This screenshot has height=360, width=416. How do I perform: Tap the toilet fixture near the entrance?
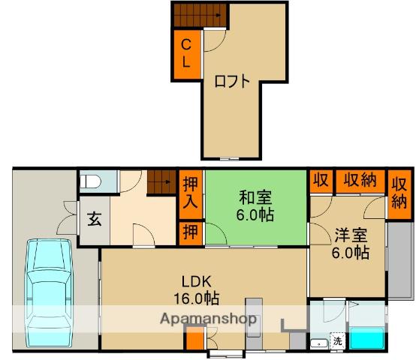tap(89, 181)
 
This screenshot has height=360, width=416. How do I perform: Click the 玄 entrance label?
tap(95, 220)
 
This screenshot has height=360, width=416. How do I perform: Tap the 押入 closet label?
tap(189, 193)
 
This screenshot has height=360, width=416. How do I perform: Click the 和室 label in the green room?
tap(256, 198)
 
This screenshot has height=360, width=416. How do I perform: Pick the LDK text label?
tap(193, 282)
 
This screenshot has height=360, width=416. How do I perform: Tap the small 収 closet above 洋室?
tap(321, 181)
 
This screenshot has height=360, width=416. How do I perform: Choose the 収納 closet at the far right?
tap(399, 192)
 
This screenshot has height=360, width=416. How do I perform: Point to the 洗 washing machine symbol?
tap(337, 341)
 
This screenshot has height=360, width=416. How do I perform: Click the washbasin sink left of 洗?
tap(318, 343)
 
